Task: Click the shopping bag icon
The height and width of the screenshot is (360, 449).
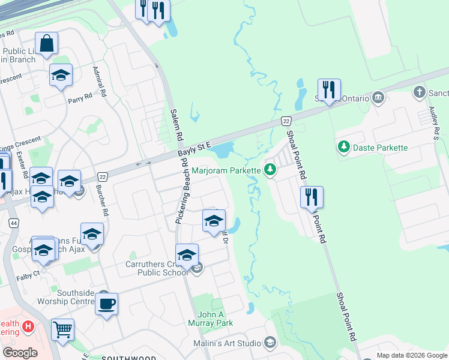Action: click(46, 43)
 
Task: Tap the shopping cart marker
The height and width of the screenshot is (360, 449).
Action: click(62, 329)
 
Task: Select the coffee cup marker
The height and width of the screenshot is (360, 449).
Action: click(106, 304)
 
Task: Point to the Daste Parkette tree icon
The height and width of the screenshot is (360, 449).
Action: click(344, 147)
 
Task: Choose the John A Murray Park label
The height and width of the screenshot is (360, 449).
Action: click(215, 319)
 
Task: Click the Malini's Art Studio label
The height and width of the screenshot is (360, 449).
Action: click(226, 343)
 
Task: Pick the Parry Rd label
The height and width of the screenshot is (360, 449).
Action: click(80, 97)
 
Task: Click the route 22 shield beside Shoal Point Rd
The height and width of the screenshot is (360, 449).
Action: click(286, 121)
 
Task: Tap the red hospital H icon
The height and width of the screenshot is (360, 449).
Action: click(27, 327)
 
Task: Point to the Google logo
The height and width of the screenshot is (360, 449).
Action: click(20, 353)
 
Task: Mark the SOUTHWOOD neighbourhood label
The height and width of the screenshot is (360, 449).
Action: click(124, 358)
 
